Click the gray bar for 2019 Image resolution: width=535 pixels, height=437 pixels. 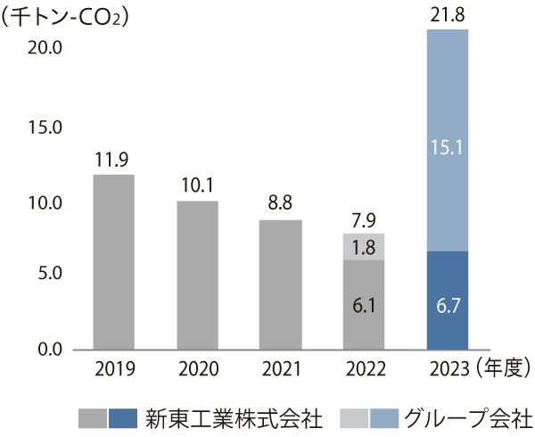(x=114, y=261)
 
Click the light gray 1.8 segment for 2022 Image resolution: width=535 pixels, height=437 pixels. (x=363, y=247)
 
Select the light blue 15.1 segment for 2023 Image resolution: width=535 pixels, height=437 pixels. (x=448, y=141)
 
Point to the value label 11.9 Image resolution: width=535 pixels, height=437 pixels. (x=113, y=161)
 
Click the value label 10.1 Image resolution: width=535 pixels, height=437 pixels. (x=196, y=186)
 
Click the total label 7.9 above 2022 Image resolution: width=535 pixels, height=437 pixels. (x=363, y=219)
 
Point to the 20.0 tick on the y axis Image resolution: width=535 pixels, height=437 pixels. (x=44, y=48)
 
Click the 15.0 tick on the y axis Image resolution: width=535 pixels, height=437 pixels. (x=44, y=128)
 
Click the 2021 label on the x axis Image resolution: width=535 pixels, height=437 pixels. (x=280, y=367)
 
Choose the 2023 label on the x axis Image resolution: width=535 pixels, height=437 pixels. (x=448, y=367)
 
